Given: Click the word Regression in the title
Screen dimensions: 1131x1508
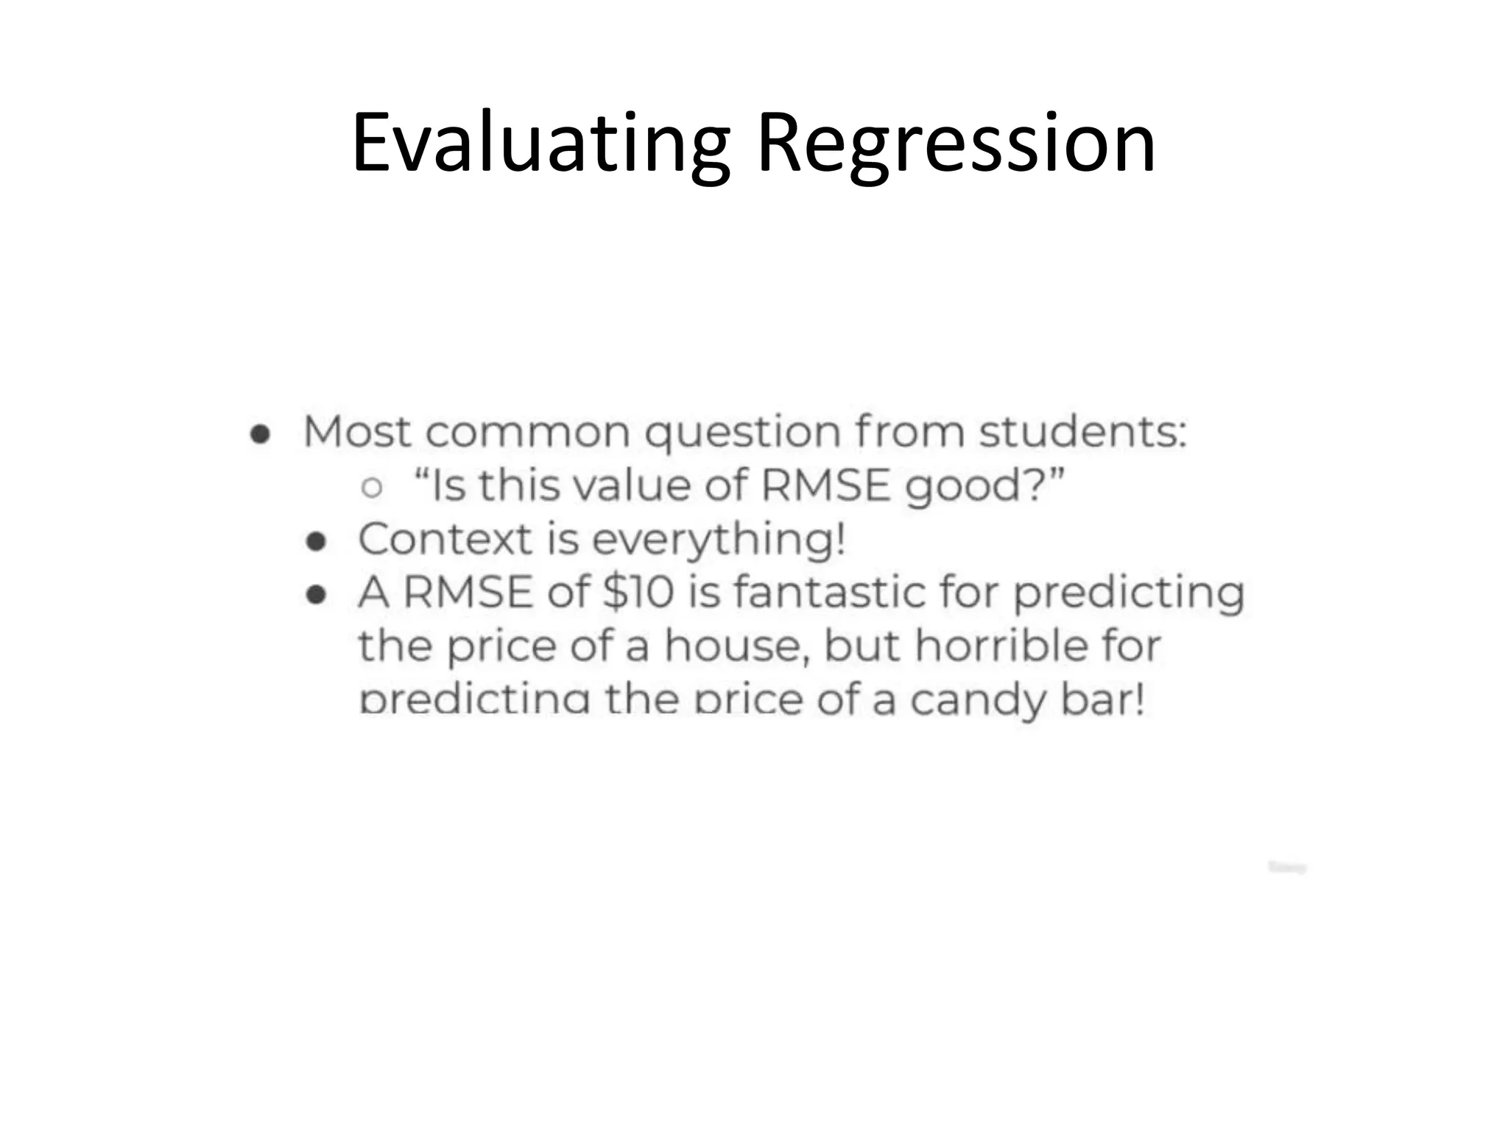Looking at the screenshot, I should (956, 144).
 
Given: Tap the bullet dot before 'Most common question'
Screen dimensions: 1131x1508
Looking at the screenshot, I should (259, 434).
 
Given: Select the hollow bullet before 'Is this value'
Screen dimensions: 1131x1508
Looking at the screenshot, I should (373, 487).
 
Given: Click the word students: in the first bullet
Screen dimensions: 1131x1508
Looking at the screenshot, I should (1082, 431).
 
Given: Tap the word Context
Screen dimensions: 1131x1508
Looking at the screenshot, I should (445, 539).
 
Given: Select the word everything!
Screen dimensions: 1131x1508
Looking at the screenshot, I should (719, 540).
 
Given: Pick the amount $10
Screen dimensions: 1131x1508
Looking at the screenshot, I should (638, 592).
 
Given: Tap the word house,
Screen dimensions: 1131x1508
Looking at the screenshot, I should (736, 646).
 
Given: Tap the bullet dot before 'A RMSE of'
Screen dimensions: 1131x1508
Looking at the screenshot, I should (316, 596).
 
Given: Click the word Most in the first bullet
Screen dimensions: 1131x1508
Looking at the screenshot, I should (357, 431).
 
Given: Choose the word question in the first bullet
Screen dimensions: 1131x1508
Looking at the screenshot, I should (742, 433).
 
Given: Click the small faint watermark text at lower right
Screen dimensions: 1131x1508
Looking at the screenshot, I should (1286, 868).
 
